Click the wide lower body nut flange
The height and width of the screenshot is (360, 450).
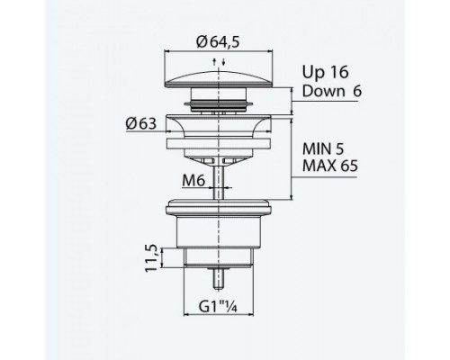[216, 209]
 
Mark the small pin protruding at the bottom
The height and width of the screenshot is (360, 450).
[216, 275]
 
